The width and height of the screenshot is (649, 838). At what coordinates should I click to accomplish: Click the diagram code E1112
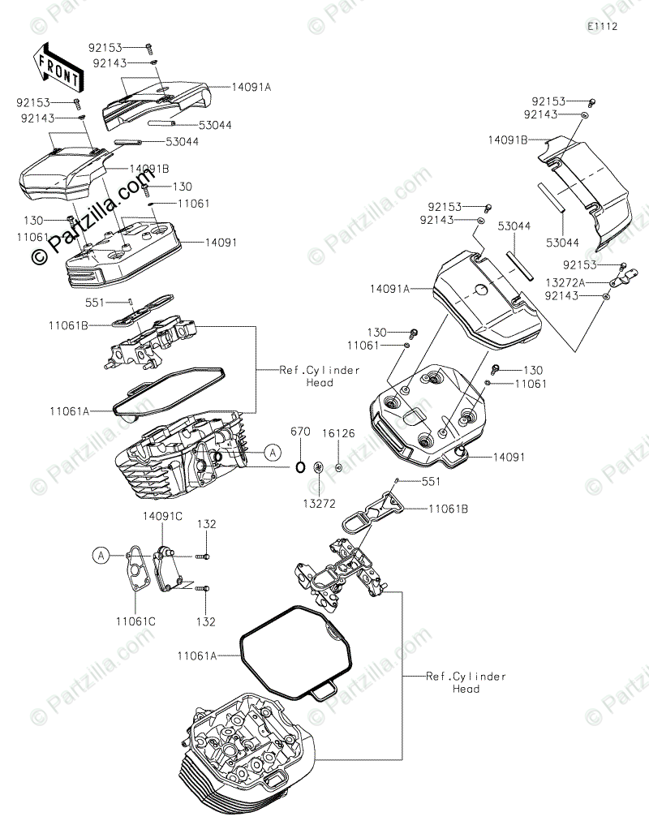point(604,26)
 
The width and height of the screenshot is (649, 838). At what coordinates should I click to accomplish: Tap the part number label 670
point(300,432)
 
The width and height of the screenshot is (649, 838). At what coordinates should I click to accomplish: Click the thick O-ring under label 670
point(299,467)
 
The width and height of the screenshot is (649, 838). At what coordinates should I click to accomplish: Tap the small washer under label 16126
point(338,467)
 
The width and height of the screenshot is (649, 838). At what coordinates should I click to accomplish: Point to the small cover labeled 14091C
point(170,568)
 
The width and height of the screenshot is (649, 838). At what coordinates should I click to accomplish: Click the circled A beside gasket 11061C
point(100,556)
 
